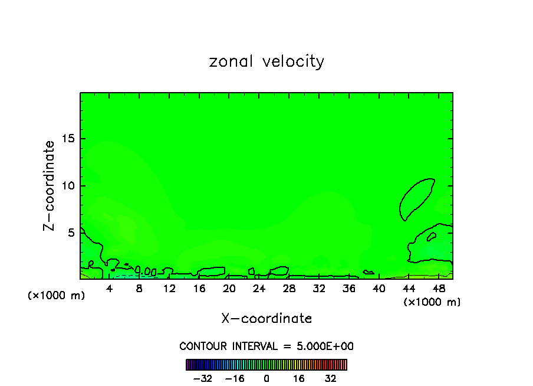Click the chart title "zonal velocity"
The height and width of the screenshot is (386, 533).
[266, 61]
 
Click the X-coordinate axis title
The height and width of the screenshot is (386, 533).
[266, 318]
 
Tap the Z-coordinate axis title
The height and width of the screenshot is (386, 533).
[50, 185]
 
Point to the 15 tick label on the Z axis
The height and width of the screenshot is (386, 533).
[68, 139]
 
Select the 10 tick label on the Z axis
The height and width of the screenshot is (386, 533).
[68, 185]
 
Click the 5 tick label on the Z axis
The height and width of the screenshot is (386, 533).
[71, 233]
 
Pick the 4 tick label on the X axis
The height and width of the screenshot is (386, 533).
[110, 289]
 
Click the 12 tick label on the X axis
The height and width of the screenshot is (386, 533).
[169, 289]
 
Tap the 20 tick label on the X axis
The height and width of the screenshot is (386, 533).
[229, 289]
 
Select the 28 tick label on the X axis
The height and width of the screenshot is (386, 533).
[289, 289]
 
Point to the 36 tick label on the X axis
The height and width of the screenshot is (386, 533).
[348, 289]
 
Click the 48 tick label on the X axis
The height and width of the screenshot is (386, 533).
[438, 289]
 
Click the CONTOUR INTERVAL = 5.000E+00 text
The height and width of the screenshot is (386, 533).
[266, 346]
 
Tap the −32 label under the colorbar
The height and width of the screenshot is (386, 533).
[203, 378]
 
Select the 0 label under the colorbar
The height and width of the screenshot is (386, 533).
[266, 378]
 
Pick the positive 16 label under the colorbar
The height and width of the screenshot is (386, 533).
[299, 378]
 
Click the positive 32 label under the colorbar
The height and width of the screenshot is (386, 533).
[331, 378]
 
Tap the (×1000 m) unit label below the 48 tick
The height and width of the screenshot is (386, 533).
[432, 302]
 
